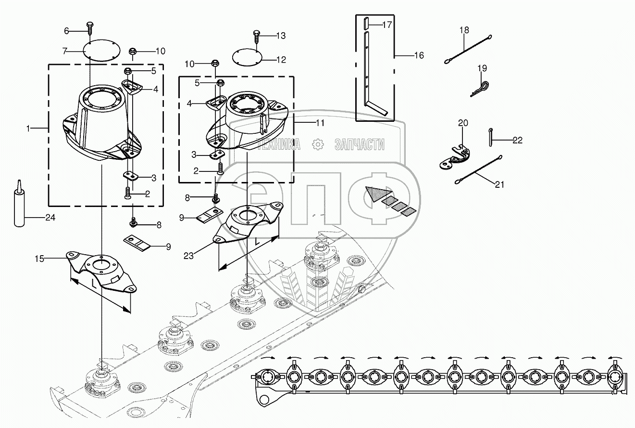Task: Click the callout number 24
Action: [x=50, y=218]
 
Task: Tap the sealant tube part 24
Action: [x=19, y=205]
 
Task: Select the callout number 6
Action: [x=67, y=31]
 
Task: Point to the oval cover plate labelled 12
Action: [x=249, y=57]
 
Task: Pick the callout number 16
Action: [x=419, y=55]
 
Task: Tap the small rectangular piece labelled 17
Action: [x=367, y=23]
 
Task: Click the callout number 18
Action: [x=464, y=30]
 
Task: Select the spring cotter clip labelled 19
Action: [x=479, y=89]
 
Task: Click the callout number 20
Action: [x=462, y=123]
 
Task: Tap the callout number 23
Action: [x=188, y=256]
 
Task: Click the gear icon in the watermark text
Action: [x=317, y=144]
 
